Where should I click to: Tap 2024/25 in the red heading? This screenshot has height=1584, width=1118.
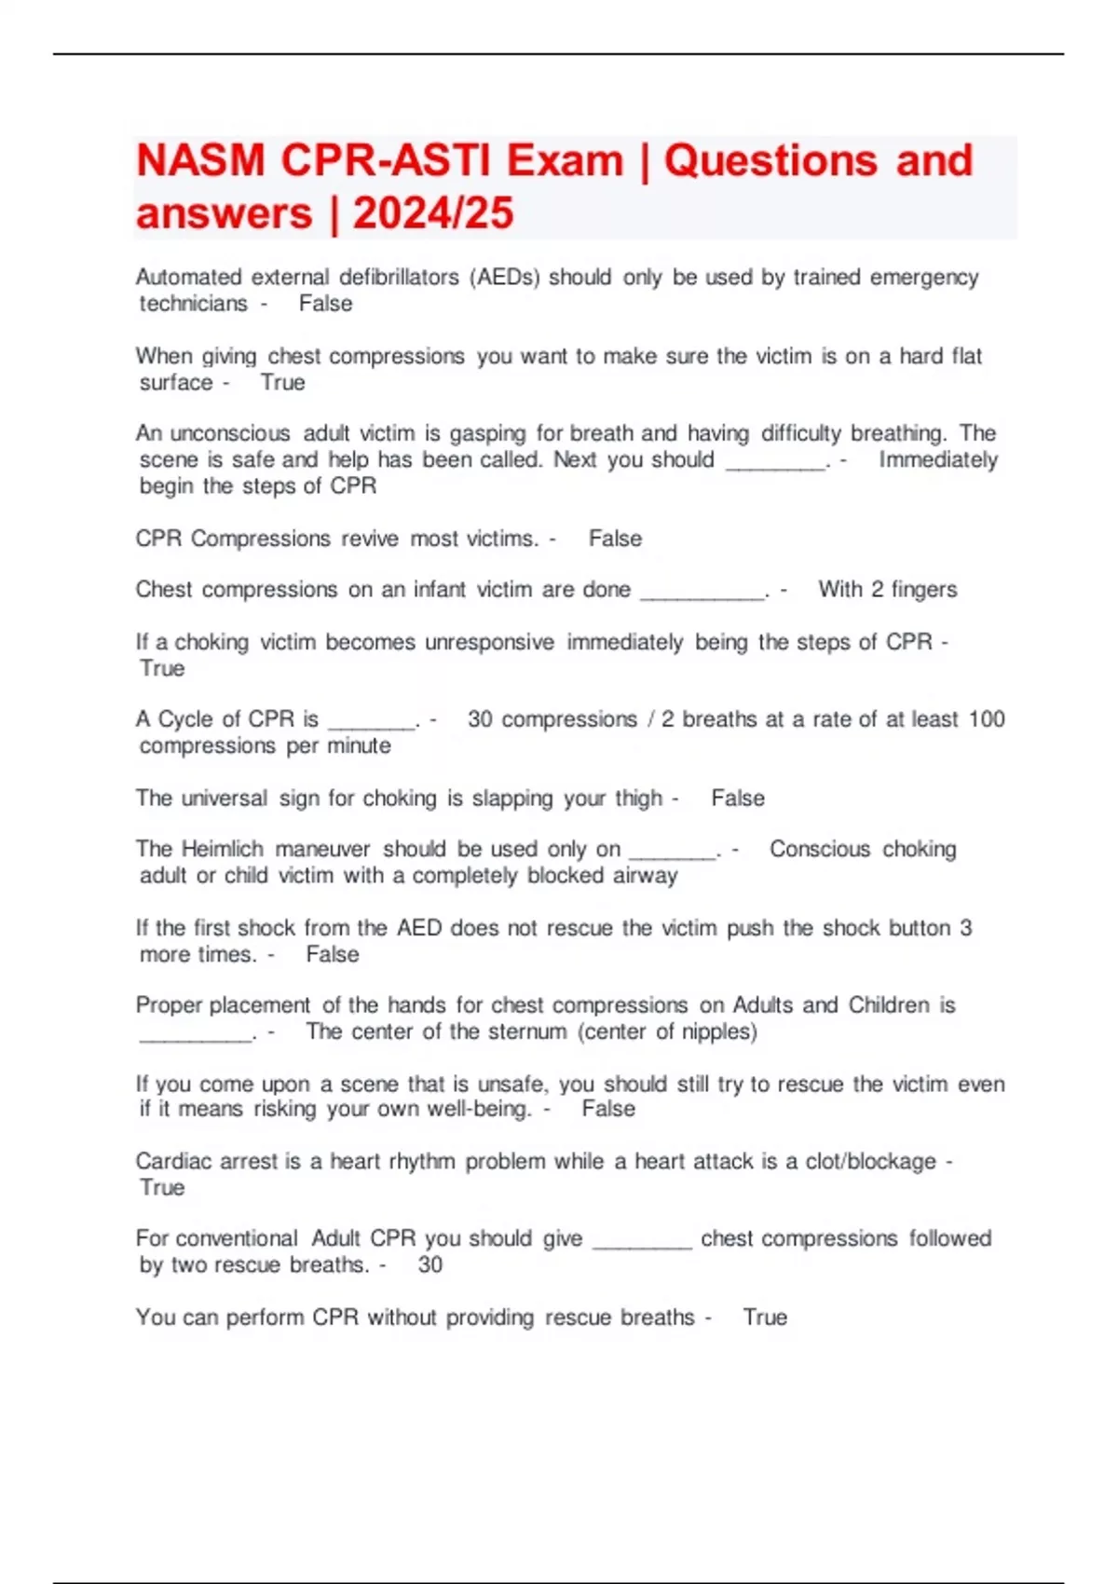click(x=433, y=213)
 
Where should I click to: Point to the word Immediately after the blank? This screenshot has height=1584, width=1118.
click(x=938, y=459)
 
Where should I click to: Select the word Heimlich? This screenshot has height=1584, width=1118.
click(x=223, y=849)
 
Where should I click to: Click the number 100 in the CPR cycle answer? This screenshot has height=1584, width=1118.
click(x=987, y=719)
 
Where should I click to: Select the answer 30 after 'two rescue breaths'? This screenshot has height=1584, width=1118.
click(x=430, y=1264)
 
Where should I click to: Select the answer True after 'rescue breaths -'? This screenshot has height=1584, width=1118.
click(x=765, y=1318)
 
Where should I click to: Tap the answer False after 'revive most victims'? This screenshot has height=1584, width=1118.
click(x=615, y=539)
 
